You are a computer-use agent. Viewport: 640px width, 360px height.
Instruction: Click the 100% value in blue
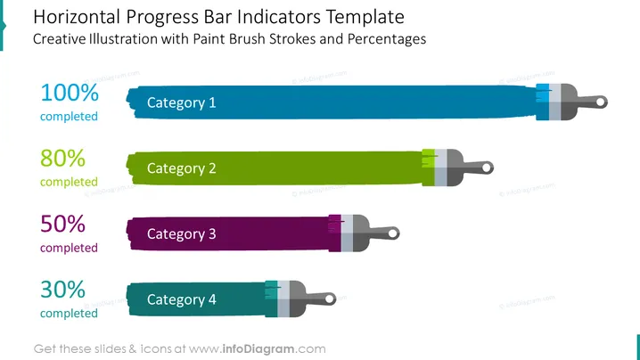coord(70,93)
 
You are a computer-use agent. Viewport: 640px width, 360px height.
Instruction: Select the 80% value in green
coord(63,159)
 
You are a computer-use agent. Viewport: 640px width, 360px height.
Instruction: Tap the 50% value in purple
coord(63,224)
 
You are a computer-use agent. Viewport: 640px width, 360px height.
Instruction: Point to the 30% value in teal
coord(63,290)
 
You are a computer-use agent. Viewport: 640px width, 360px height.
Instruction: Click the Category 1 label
coord(181,102)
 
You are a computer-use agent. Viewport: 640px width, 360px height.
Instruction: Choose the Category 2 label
coord(181,168)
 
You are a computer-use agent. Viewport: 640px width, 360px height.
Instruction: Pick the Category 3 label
coord(181,234)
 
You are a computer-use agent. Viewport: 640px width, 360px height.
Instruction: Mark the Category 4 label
coord(181,300)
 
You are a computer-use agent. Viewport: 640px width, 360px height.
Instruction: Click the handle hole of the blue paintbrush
coord(601,102)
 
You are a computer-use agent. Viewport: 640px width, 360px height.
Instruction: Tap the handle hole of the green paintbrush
coord(487,168)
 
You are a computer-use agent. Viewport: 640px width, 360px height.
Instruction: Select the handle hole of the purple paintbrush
coord(393,233)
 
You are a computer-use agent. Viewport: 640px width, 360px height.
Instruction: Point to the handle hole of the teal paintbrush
coord(330,299)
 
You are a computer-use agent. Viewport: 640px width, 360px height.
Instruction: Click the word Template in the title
coord(365,17)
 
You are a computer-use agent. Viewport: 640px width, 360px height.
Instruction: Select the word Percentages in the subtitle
coord(387,39)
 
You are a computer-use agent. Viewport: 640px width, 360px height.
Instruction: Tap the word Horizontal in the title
coord(77,17)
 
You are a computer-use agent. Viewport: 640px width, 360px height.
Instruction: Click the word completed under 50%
coord(69,248)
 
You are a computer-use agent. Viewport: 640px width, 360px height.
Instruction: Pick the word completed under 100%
coord(69,117)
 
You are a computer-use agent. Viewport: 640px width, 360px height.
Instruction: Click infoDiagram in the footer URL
coord(258,349)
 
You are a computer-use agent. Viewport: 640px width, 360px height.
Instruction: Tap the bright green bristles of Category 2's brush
coord(428,159)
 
